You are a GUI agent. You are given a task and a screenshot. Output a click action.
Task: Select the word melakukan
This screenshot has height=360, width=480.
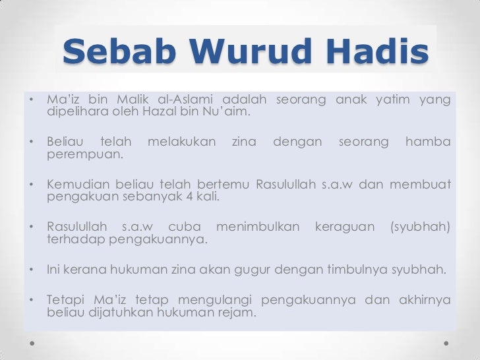[x=181, y=142]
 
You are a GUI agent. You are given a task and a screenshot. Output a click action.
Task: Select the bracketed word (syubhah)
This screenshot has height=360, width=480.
[x=421, y=227]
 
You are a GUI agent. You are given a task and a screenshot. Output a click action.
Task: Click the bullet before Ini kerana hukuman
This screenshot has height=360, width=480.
[x=32, y=270]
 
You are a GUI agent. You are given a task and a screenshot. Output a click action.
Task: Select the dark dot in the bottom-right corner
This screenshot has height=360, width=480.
[x=447, y=344]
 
